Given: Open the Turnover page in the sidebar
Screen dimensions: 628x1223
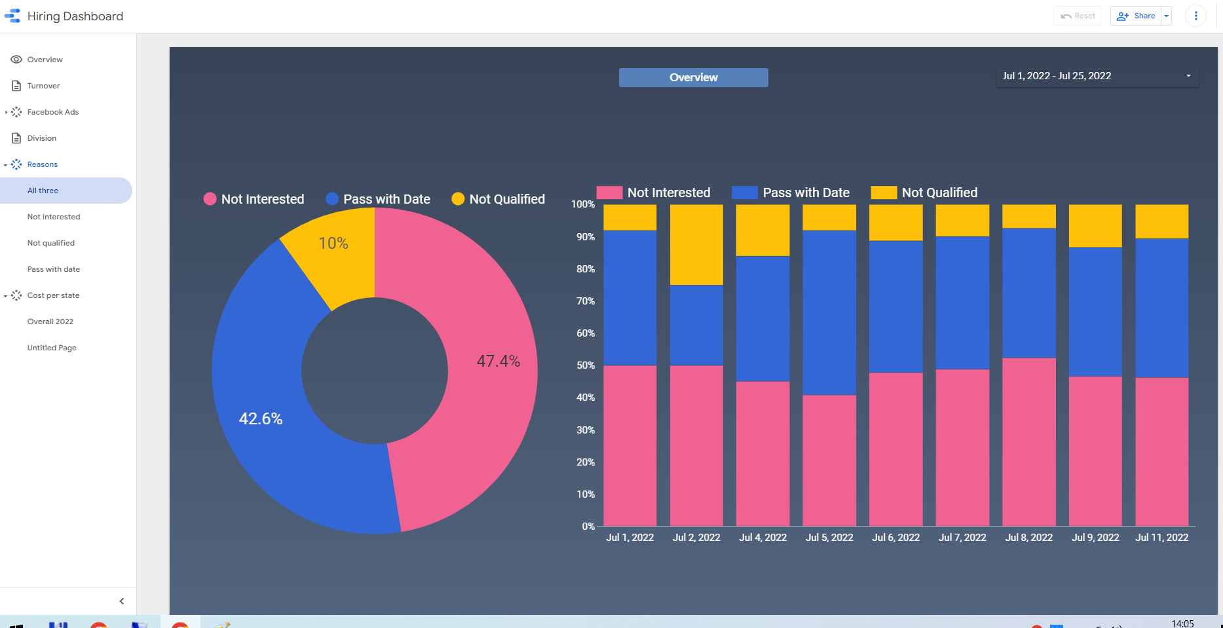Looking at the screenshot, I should (43, 86).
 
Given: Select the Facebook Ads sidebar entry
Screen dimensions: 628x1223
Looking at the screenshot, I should (52, 112).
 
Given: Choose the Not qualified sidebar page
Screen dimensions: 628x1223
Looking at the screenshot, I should (50, 243).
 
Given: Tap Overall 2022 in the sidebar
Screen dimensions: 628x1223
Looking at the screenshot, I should (50, 322).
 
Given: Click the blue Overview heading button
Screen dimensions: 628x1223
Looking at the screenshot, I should (693, 77).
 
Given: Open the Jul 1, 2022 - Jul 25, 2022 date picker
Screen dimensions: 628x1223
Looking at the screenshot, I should (1097, 76).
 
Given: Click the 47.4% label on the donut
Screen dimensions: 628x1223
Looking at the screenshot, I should (498, 361).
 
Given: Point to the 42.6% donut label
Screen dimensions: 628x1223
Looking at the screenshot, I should (261, 418).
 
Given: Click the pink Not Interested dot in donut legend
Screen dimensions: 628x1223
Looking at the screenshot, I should (210, 199).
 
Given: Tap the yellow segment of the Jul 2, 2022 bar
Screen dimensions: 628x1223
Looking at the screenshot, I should (696, 244).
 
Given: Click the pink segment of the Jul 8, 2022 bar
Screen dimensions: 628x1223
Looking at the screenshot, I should (1028, 441).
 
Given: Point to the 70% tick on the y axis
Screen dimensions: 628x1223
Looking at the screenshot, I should (586, 301).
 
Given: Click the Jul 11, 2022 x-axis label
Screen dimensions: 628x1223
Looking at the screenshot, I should (1161, 538).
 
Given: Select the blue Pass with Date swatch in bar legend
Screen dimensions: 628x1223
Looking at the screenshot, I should (744, 193).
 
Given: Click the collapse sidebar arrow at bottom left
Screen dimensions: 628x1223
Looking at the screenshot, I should (122, 601).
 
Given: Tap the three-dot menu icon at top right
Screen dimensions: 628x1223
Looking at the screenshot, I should (1195, 16).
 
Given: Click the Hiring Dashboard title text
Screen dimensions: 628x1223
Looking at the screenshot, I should (75, 16).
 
